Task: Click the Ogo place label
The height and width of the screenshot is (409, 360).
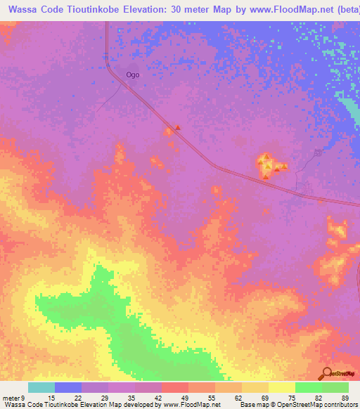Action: click(x=132, y=74)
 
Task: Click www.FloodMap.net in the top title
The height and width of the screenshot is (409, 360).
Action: click(x=278, y=10)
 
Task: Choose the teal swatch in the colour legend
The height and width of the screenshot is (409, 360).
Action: click(x=41, y=387)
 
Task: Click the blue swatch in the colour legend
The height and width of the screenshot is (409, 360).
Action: click(x=68, y=387)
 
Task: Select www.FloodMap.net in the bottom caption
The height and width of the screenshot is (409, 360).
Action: click(x=191, y=405)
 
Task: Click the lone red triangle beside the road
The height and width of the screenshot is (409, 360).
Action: click(x=178, y=128)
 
